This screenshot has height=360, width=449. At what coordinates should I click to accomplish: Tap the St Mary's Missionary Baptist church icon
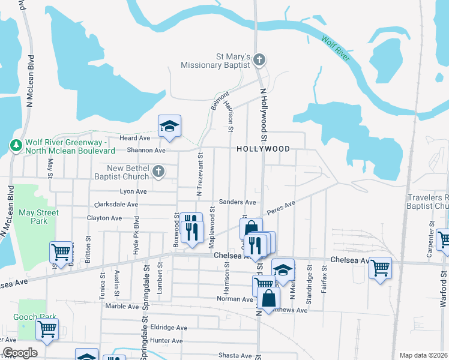coord(259,59)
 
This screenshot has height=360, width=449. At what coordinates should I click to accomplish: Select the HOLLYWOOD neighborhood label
coord(263,149)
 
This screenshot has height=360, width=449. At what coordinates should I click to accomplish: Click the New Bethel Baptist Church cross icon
coord(158,172)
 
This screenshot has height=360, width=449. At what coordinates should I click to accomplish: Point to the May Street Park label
coord(38,217)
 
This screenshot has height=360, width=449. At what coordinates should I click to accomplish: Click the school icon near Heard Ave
coord(169,126)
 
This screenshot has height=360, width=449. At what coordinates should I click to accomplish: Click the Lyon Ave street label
coord(133,191)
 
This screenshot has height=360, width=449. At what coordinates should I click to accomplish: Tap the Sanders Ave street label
coord(238,202)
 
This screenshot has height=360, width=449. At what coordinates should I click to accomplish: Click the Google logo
coord(19,353)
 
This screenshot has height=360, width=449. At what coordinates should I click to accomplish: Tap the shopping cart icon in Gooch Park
coord(47,329)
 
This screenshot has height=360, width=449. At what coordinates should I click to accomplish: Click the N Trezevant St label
coord(199,173)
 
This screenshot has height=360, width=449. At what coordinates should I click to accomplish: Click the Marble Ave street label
coord(122,306)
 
